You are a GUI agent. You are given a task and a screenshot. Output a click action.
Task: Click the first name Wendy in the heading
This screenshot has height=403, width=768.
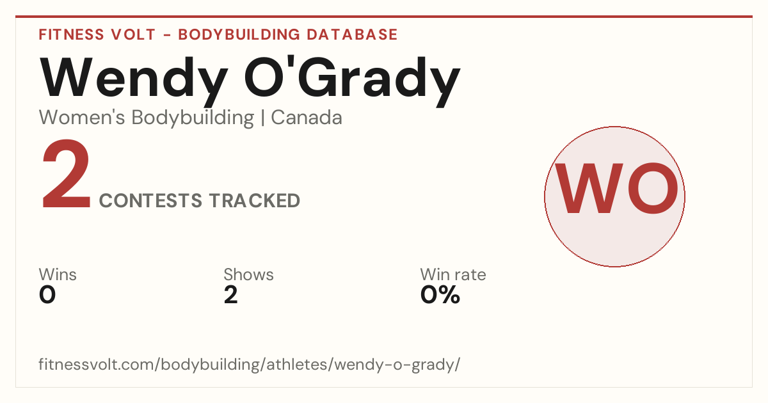(134, 82)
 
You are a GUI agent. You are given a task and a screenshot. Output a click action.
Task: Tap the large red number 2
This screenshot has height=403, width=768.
(66, 174)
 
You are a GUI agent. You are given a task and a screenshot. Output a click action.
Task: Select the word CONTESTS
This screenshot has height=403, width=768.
(150, 200)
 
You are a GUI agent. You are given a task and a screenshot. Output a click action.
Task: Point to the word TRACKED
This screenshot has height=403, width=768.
(255, 200)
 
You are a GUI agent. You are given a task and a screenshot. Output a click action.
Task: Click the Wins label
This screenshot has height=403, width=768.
(58, 274)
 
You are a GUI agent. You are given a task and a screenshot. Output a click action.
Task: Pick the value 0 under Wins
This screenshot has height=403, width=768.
(47, 295)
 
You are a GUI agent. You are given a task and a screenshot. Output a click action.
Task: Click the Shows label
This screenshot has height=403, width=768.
(248, 274)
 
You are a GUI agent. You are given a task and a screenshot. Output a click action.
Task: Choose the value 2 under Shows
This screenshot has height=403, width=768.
(231, 295)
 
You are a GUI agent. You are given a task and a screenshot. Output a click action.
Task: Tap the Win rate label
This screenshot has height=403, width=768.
(453, 274)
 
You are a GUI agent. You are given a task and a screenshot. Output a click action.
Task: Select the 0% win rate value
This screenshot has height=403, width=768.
(440, 295)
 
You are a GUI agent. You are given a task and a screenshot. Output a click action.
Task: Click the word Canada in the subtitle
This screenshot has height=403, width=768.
(307, 118)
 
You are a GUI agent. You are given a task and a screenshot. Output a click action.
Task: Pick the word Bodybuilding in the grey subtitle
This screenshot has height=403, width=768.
(193, 118)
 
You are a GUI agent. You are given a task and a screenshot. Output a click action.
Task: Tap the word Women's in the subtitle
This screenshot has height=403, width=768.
(82, 118)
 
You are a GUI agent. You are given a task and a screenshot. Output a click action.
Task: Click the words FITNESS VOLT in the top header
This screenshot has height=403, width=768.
(97, 35)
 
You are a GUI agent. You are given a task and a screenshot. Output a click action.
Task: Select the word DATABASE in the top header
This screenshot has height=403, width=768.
(352, 35)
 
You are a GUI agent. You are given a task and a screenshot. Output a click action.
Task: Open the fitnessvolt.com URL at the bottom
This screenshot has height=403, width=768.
(249, 364)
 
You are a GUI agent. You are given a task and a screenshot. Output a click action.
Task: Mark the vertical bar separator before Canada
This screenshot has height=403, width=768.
(262, 118)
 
